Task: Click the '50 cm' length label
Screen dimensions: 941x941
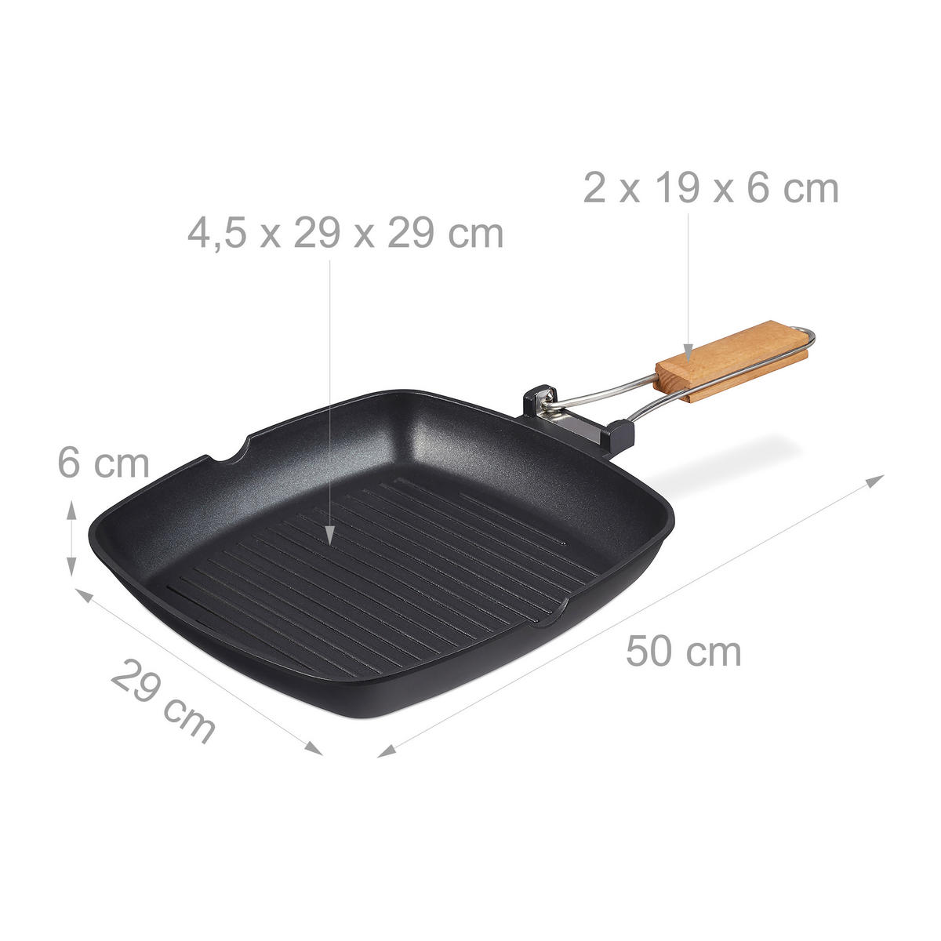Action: (683, 652)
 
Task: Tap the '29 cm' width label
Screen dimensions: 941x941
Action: (162, 700)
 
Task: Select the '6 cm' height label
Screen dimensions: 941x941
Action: (103, 463)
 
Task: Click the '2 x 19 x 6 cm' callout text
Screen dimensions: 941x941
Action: (710, 189)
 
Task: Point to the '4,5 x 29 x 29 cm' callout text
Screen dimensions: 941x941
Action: (345, 234)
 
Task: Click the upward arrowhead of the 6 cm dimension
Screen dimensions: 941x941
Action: (72, 507)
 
